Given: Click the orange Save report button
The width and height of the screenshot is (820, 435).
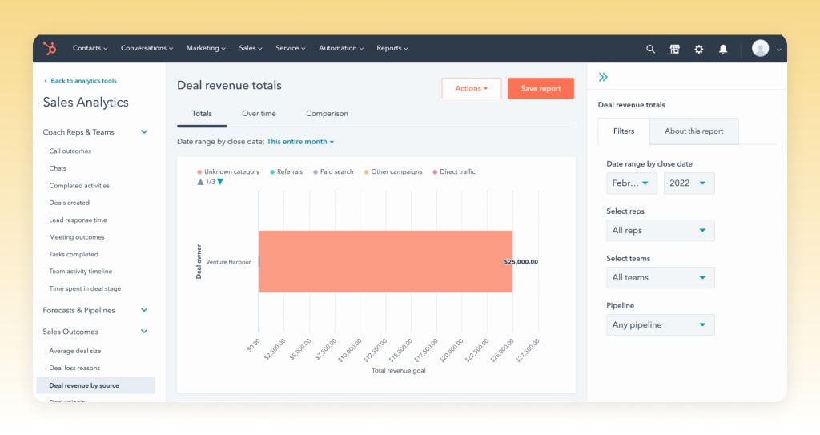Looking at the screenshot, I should tap(541, 89).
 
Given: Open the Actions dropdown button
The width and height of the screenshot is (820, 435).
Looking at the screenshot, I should tap(471, 89).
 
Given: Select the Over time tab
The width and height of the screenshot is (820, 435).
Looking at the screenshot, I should tap(259, 114).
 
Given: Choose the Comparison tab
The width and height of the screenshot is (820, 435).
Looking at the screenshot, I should tap(327, 114).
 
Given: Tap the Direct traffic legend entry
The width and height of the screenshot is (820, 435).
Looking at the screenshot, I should tap(454, 172).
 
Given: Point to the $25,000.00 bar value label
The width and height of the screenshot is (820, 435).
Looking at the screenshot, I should tap(521, 262).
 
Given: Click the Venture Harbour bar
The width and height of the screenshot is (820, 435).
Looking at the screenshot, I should tap(384, 262).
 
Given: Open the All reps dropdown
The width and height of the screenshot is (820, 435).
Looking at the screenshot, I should tap(660, 231).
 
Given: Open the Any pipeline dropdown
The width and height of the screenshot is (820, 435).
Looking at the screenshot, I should tap(660, 325).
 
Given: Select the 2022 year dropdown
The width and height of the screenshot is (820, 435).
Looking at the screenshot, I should tap(689, 183).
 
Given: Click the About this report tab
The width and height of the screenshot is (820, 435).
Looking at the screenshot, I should tap(693, 131).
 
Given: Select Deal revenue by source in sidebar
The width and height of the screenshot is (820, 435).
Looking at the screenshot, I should tap(84, 385).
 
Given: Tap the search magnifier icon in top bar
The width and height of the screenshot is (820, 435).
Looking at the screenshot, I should tap(650, 49).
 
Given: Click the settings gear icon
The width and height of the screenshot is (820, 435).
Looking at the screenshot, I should tap(699, 49).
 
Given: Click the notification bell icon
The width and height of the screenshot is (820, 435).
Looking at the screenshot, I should tap(723, 49).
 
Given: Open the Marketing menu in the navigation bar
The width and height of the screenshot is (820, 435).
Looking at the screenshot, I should tap(206, 49).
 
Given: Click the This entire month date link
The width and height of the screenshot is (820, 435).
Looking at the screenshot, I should tap(300, 142).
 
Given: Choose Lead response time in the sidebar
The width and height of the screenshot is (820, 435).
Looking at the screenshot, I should tap(78, 220).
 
